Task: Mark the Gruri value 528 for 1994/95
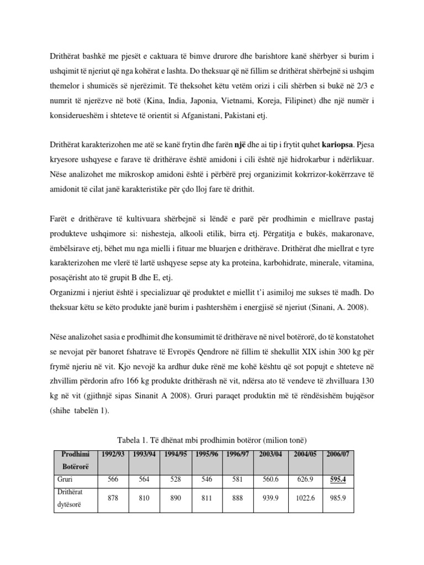(x=176, y=480)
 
